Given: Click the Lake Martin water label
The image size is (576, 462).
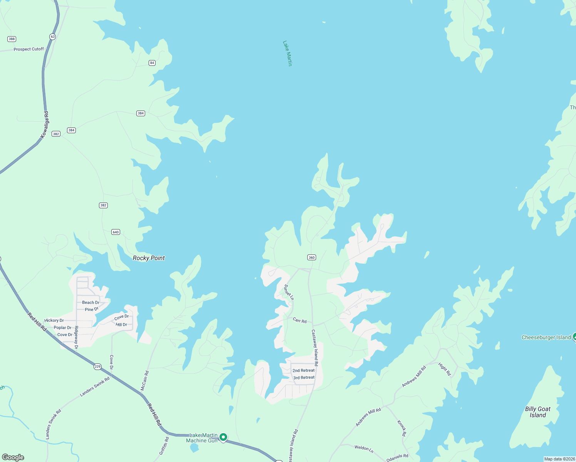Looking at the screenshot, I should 288,54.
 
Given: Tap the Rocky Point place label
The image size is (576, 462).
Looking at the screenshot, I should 149,258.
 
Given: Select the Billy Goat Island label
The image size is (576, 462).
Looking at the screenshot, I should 537,412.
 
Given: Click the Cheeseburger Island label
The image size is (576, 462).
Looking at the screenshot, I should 546,338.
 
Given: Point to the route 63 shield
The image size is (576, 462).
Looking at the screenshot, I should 53,37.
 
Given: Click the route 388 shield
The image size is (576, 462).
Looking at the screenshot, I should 12,39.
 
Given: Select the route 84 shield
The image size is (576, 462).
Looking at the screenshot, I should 152,63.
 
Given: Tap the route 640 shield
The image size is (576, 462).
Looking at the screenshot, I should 116,232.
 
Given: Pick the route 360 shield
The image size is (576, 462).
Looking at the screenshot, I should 311,257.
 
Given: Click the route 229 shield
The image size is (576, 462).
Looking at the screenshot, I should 97,367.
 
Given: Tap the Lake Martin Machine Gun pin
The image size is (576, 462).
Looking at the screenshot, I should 223,437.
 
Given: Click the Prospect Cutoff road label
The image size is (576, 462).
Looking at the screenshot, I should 29,49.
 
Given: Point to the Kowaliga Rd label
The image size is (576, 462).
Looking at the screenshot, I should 45,125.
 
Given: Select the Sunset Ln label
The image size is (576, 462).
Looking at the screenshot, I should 289,292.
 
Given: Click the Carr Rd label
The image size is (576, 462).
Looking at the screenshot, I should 300,320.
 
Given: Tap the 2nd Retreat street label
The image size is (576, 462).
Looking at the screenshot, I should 303,370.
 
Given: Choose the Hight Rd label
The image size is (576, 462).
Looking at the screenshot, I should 445,369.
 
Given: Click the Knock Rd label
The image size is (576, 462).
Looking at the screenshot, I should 402,428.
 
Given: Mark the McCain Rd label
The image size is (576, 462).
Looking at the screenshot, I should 144,380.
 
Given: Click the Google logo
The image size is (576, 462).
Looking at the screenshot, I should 13,457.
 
